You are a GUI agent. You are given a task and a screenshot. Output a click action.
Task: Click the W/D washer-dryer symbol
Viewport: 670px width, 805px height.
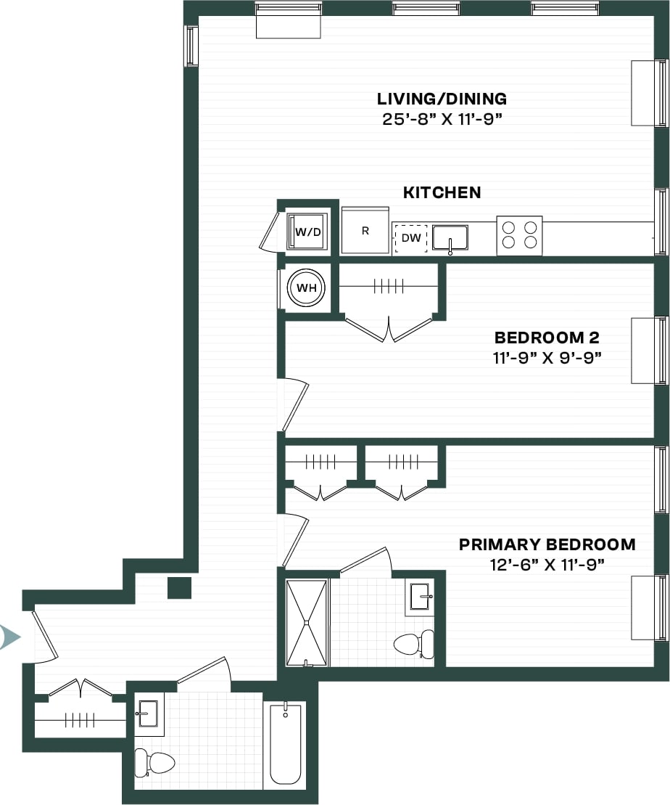pyautogui.click(x=307, y=232)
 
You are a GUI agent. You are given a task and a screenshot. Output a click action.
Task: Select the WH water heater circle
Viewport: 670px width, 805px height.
pyautogui.click(x=307, y=287)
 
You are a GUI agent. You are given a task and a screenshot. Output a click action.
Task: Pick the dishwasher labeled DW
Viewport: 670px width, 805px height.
pyautogui.click(x=410, y=237)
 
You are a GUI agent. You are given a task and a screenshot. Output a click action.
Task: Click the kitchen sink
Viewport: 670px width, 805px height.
pyautogui.click(x=450, y=237)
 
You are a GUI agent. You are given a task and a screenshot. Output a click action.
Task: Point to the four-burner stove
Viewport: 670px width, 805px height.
pyautogui.click(x=519, y=235)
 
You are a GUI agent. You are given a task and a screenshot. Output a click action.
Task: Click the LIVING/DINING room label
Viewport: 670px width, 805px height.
pyautogui.click(x=442, y=99)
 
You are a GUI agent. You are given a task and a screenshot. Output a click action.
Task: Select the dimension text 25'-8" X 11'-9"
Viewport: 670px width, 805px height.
pyautogui.click(x=442, y=119)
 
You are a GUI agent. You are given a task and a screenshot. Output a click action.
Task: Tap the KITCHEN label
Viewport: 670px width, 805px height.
pyautogui.click(x=442, y=192)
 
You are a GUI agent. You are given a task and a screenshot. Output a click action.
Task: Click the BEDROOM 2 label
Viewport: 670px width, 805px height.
pyautogui.click(x=547, y=338)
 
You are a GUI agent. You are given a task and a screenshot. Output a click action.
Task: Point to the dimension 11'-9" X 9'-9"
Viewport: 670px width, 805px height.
pyautogui.click(x=547, y=357)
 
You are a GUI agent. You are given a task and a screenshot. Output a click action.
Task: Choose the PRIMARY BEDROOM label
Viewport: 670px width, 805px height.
pyautogui.click(x=547, y=544)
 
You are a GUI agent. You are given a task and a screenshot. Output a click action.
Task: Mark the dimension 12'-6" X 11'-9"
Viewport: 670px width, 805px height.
pyautogui.click(x=547, y=564)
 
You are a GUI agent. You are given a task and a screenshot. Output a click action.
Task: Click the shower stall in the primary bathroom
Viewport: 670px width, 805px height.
pyautogui.click(x=307, y=622)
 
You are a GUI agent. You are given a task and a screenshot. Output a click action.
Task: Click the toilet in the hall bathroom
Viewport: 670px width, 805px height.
pyautogui.click(x=154, y=763)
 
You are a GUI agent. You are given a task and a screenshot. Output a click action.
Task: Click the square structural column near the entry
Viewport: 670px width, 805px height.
pyautogui.click(x=179, y=587)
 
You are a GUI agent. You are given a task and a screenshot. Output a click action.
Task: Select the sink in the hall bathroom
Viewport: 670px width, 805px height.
pyautogui.click(x=148, y=713)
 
